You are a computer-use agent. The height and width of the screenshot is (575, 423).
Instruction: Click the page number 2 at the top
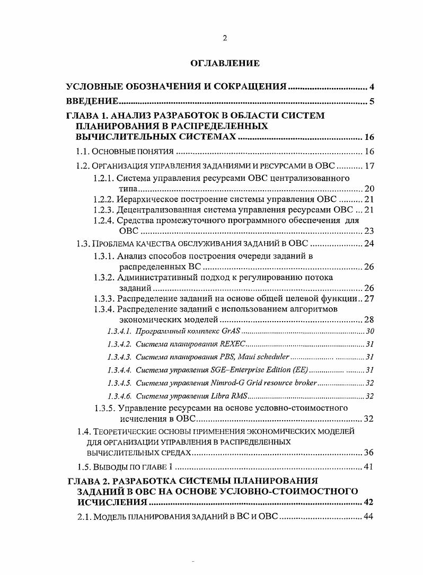coord(224,38)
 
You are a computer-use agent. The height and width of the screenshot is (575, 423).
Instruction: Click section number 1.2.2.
coord(103,199)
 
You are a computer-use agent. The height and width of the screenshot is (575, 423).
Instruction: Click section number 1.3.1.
coord(103,256)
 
